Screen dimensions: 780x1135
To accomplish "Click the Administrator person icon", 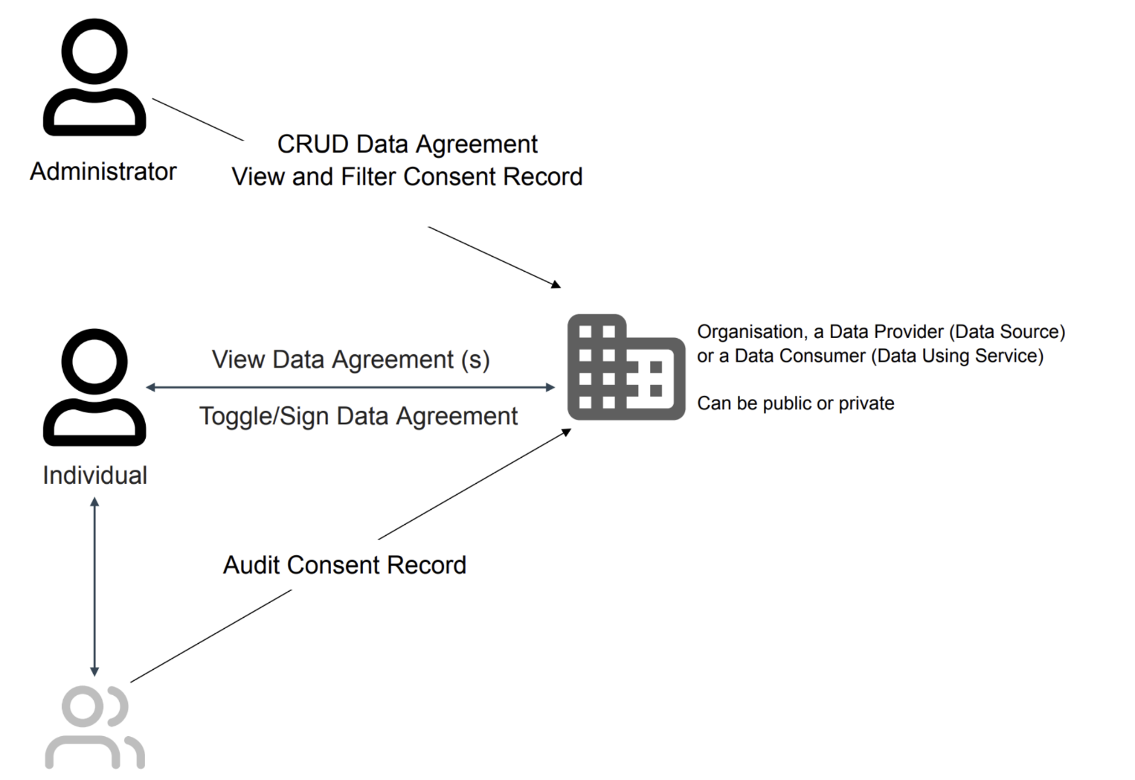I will point(94,77).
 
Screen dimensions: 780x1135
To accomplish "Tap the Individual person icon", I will point(94,387).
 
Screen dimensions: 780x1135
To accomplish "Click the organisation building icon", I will point(626,367).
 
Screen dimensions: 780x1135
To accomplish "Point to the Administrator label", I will point(103,172).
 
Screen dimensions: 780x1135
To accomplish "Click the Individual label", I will point(94,476).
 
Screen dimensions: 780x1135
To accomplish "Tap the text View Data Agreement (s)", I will point(350,359).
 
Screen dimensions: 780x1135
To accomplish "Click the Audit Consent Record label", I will point(344,565).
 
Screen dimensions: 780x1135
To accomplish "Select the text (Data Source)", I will point(1007,332).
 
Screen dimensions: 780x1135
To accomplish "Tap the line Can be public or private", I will point(795,403).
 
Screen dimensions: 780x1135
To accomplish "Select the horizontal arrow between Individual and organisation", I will point(350,387).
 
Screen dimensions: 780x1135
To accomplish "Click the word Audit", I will point(251,565).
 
